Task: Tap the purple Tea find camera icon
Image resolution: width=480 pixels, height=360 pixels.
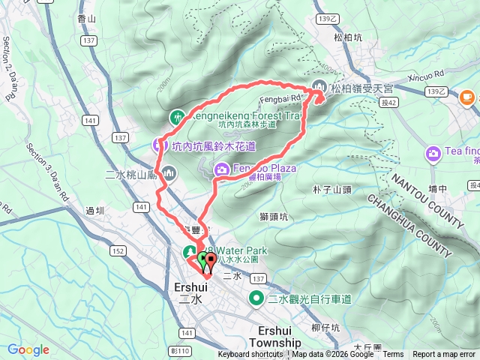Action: pos(433,154)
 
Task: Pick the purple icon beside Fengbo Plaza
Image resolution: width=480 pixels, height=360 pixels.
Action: pos(222,169)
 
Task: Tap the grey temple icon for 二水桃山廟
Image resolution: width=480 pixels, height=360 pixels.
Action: pos(169,175)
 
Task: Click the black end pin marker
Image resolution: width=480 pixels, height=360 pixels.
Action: pos(209,262)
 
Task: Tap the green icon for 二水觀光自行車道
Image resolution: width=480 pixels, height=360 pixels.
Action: pos(256,299)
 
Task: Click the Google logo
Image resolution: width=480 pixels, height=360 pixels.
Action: pos(28,349)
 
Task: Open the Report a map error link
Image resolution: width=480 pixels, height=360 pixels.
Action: pos(444,355)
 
